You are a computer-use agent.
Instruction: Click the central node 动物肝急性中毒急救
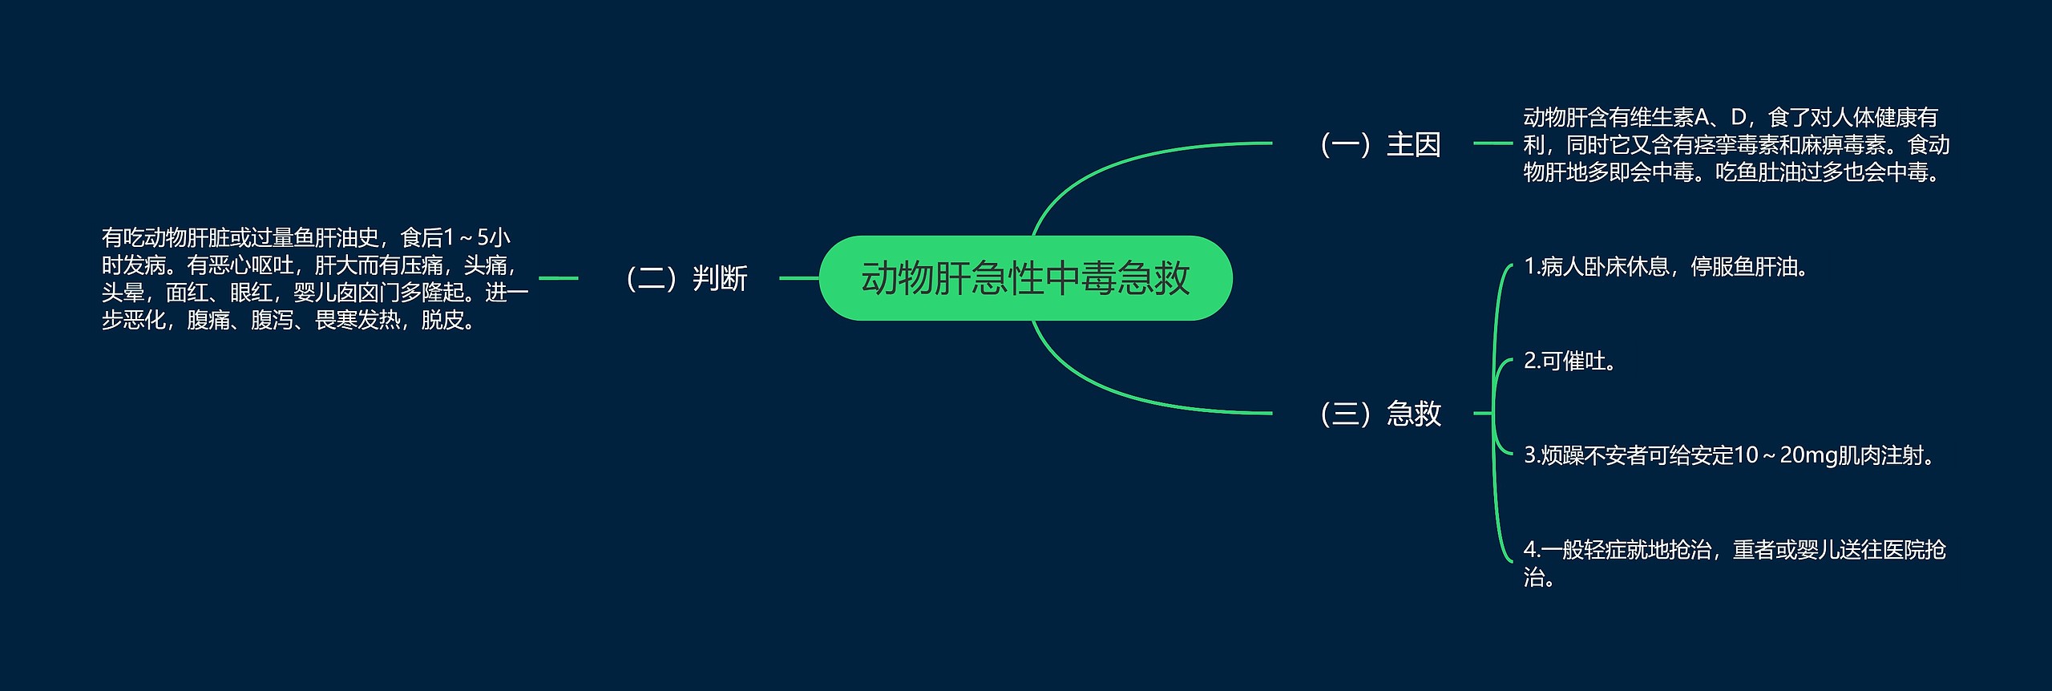[1025, 278]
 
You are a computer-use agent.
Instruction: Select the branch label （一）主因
[1379, 144]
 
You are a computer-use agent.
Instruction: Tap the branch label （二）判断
[685, 278]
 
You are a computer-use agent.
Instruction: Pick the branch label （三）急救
[1379, 414]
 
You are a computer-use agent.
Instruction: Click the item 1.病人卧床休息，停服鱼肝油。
[1667, 267]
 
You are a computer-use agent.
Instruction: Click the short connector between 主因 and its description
[1493, 143]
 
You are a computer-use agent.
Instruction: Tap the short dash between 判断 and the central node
[798, 278]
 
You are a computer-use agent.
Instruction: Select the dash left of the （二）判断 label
[558, 278]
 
